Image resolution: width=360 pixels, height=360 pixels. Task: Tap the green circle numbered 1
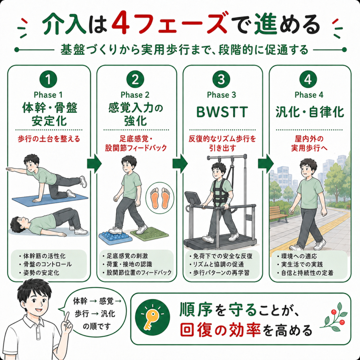(48, 79)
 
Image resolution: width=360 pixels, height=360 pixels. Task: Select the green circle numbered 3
(221, 79)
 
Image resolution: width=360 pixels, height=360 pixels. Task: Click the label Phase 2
(135, 95)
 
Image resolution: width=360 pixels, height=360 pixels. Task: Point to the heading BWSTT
(222, 112)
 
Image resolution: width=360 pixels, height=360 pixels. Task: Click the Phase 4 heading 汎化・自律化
(310, 112)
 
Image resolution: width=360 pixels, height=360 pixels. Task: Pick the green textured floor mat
(149, 234)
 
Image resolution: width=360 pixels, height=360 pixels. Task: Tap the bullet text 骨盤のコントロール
(47, 264)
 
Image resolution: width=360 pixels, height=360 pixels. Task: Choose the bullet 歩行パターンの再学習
(221, 273)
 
